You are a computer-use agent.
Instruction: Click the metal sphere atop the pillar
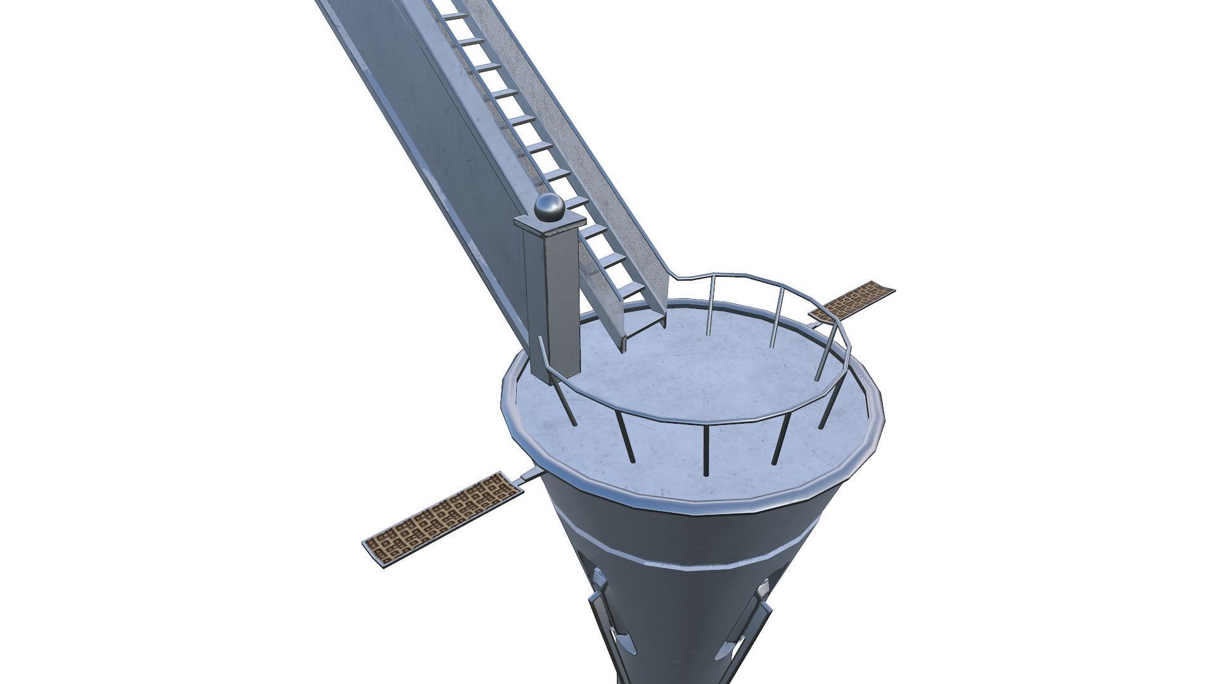coord(549,208)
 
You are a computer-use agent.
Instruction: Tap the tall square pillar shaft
coord(552,304)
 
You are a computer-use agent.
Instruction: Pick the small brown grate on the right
coord(853,302)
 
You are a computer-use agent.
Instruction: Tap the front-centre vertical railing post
coord(705,450)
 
